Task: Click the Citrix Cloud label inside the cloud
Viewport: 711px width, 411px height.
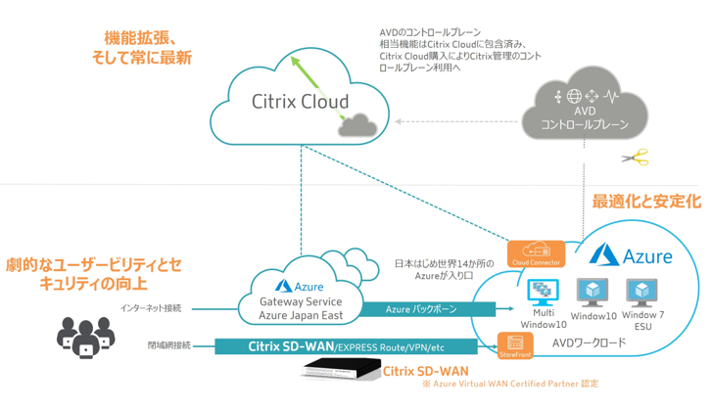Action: [x=300, y=102]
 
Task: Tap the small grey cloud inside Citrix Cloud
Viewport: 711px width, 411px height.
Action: [x=354, y=124]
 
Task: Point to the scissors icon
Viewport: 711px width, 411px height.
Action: [x=635, y=158]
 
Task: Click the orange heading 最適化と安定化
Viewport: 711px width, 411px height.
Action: [x=645, y=201]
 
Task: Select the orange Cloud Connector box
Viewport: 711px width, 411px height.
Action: [x=535, y=254]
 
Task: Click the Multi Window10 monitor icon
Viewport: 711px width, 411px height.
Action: [x=543, y=293]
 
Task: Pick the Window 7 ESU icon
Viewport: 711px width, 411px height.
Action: [x=642, y=293]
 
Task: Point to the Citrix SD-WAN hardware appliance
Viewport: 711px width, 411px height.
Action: [x=340, y=370]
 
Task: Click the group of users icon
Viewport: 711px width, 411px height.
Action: [x=86, y=334]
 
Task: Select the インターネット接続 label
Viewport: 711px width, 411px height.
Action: [x=151, y=308]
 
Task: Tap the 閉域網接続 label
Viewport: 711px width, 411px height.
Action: [x=168, y=345]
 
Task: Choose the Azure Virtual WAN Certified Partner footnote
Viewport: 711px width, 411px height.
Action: [x=509, y=384]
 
